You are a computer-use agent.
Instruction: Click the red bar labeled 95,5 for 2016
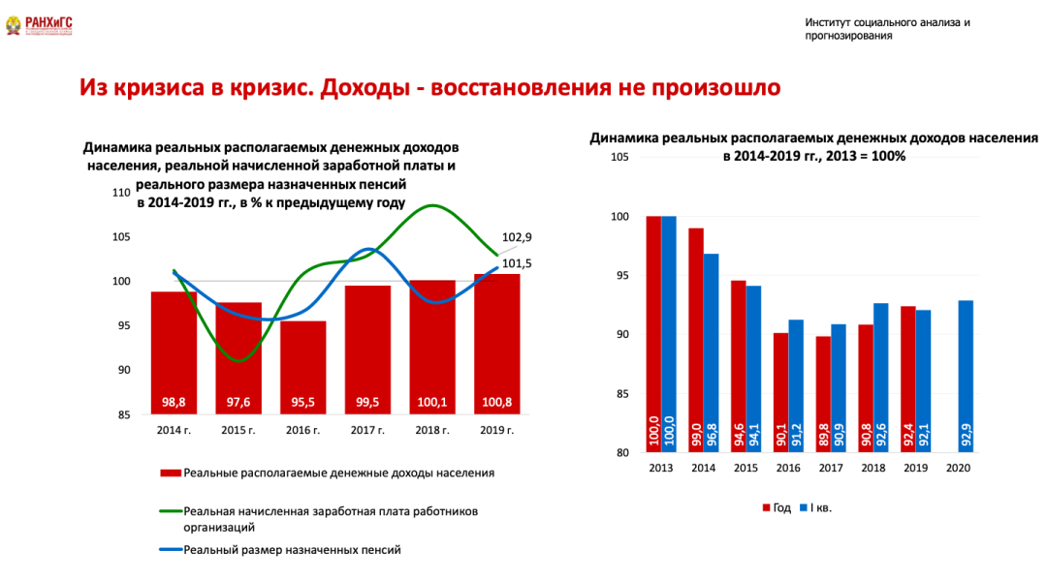[303, 368]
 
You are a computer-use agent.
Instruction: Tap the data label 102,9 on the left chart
[517, 237]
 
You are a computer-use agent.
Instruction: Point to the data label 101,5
[517, 262]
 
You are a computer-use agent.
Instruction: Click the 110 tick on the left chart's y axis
[121, 193]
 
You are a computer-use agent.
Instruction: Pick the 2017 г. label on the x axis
[367, 429]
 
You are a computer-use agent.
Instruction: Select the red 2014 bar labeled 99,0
[696, 339]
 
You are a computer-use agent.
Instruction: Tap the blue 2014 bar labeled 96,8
[711, 352]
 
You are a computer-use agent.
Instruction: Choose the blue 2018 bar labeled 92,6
[880, 378]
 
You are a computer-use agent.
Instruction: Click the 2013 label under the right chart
[661, 468]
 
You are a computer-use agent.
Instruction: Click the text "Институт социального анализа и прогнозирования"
[886, 29]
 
